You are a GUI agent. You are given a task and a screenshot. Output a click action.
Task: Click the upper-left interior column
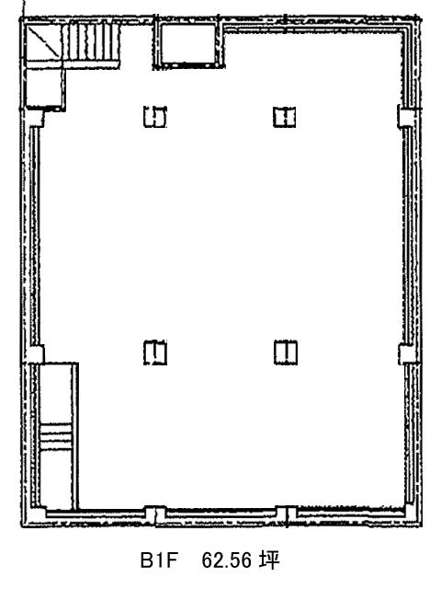[155, 117]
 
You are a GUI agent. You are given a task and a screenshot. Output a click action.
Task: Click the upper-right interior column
[284, 117]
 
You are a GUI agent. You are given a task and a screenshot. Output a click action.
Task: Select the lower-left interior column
[155, 352]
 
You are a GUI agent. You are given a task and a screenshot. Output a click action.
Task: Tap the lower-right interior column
[286, 352]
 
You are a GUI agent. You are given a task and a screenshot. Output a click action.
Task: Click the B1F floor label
[158, 560]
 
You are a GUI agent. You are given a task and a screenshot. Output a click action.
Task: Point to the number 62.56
[226, 560]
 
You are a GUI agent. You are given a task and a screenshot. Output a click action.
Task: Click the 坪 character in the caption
[269, 560]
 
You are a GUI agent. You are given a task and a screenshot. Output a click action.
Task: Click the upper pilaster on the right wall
[405, 116]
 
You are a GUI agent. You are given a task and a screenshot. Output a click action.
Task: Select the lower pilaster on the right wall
[406, 353]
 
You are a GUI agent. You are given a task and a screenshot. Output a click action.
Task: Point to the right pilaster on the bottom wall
[286, 515]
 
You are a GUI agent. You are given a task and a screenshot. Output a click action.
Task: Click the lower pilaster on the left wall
[36, 354]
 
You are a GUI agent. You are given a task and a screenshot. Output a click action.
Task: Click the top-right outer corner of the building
[419, 17]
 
